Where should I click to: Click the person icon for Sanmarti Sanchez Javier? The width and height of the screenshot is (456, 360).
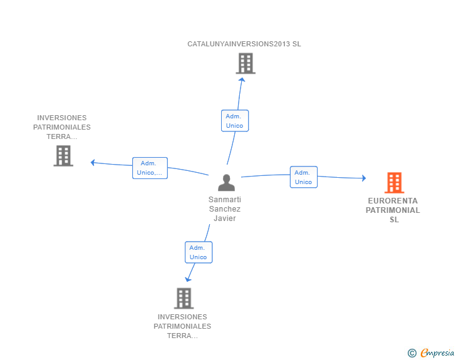[226, 183]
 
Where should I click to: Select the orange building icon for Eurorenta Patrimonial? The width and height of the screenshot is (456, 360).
[394, 183]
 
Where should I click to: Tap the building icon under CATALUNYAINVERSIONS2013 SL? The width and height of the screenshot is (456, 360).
[246, 63]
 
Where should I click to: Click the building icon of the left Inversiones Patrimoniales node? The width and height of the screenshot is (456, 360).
[63, 156]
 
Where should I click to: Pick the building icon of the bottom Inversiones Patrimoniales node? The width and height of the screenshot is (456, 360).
[184, 298]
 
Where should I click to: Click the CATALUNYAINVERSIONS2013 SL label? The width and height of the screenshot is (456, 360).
[244, 44]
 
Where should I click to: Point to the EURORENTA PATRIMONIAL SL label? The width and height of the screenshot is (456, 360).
[393, 210]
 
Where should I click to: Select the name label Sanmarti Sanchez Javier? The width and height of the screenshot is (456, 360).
[225, 209]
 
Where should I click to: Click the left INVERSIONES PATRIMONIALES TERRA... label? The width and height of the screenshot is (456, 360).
[62, 127]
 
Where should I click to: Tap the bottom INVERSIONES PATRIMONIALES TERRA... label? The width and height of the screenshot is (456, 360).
[182, 326]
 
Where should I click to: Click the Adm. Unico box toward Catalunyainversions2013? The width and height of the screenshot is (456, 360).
[235, 121]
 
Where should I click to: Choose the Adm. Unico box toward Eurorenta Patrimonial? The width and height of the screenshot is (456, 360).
[303, 177]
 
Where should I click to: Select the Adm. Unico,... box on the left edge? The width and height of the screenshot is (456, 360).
[150, 168]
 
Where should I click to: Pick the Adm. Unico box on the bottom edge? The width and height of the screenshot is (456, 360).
[199, 252]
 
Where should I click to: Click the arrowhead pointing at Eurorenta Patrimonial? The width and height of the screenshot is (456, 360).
[363, 178]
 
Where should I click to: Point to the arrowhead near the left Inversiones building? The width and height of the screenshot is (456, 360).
[93, 163]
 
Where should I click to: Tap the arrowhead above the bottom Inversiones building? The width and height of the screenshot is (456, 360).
[187, 279]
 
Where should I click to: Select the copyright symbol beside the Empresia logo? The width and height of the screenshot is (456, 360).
[412, 353]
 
